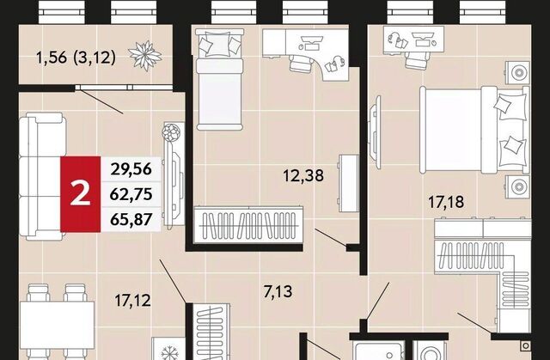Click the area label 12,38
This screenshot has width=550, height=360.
[303, 175]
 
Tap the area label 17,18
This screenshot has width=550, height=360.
[446, 202]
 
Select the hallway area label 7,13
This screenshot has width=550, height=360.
[278, 291]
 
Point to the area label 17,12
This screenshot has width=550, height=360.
[132, 301]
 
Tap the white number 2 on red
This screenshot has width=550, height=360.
[80, 194]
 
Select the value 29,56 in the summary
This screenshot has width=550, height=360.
[131, 169]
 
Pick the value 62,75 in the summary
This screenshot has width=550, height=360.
[131, 194]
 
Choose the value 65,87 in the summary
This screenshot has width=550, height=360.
[131, 219]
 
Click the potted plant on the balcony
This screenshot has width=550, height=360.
[145, 56]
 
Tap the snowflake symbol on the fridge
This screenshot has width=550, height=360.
[170, 352]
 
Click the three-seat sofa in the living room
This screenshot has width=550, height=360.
[41, 176]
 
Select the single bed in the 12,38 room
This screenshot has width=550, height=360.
[220, 80]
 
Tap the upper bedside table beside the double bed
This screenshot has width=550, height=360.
[517, 73]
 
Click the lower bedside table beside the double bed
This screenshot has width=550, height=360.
[517, 186]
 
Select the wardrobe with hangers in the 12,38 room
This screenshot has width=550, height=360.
[248, 224]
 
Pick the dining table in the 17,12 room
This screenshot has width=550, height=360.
[57, 325]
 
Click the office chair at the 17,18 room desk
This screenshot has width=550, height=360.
[416, 60]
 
